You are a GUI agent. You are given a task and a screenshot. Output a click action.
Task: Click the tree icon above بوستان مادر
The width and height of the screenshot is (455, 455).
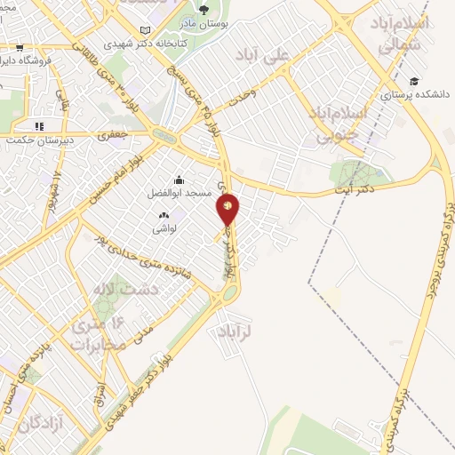pos(204,10)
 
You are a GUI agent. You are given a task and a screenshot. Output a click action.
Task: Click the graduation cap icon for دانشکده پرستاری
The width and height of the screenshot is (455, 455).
pos(414,81)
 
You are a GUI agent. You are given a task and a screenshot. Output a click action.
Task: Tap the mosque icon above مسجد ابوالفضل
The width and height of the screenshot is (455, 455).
pos(179,179)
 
